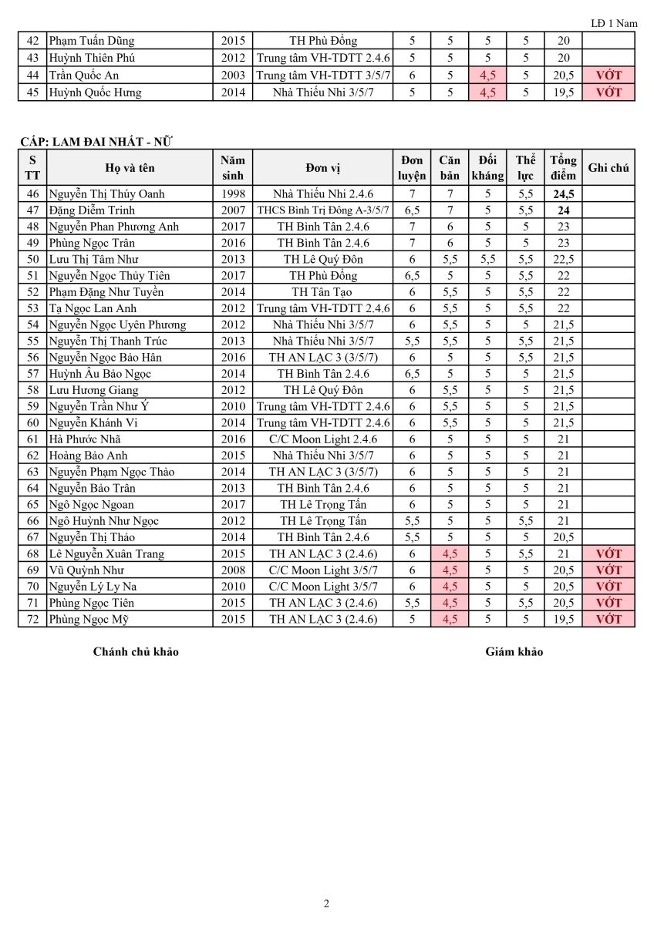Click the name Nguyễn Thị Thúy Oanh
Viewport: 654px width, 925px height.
pos(106,194)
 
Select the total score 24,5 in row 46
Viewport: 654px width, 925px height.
pos(563,194)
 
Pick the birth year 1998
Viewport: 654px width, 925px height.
pos(233,194)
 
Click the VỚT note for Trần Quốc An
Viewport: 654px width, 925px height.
pos(608,76)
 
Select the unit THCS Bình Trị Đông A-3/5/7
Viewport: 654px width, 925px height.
pos(322,210)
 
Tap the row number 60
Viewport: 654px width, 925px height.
pos(32,423)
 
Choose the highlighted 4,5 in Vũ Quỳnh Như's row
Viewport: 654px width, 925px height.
pos(450,570)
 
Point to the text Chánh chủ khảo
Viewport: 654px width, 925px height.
pos(136,652)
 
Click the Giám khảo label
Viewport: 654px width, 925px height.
pos(514,652)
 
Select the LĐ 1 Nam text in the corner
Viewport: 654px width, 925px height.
pos(614,23)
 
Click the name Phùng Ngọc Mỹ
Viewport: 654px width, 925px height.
pos(91,619)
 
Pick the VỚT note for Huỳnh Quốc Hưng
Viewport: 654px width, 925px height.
pos(608,92)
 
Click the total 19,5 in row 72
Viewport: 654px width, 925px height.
pos(563,619)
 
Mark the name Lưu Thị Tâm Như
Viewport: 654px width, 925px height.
pos(93,260)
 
